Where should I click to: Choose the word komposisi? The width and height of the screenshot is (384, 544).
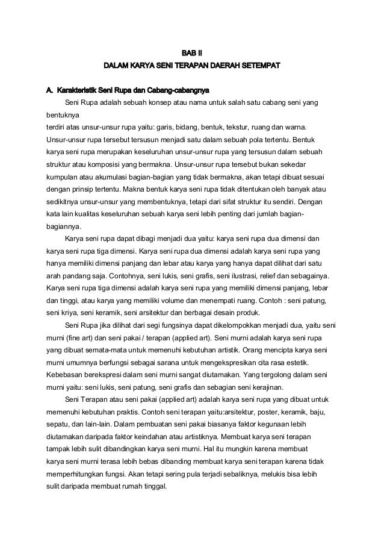coord(110,163)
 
